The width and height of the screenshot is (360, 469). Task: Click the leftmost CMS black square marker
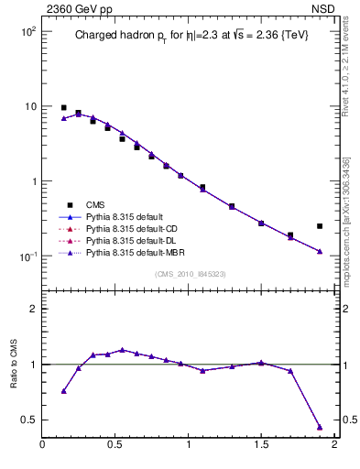coord(63,107)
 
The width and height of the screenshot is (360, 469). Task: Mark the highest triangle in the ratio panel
coord(122,350)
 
